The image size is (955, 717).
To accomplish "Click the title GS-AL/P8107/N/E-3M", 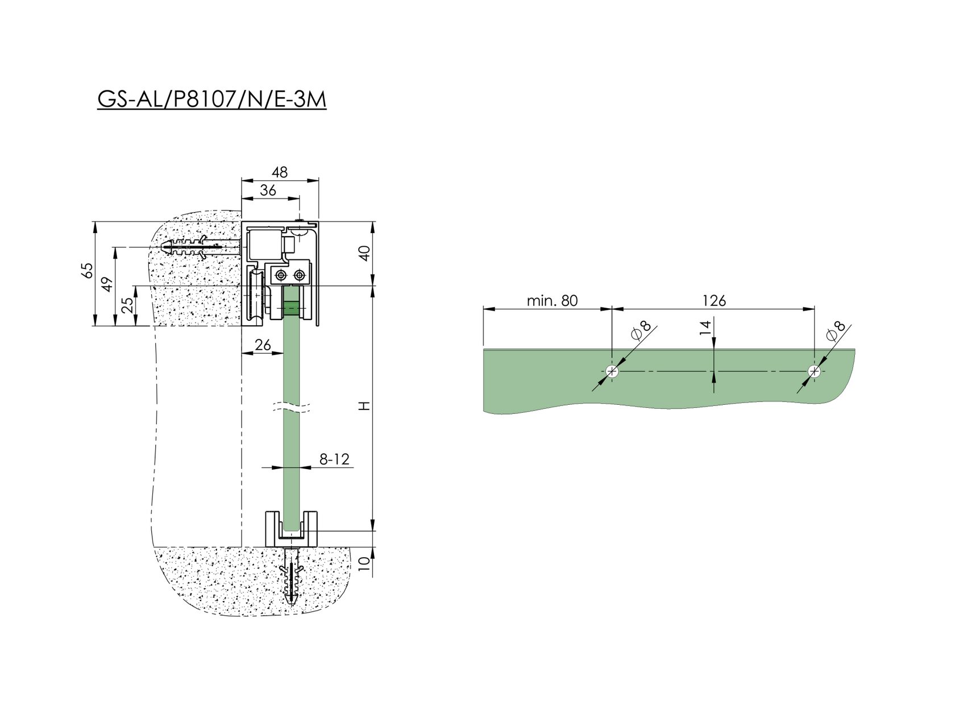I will click(211, 99).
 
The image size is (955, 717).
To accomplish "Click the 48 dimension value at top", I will click(280, 172).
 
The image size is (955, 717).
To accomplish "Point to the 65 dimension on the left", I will click(87, 270).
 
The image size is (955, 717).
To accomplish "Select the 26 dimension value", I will click(262, 345).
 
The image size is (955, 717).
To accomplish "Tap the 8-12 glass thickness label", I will click(334, 459).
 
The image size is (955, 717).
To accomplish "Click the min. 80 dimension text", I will click(551, 301).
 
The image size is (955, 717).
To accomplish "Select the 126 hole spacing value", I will click(714, 301).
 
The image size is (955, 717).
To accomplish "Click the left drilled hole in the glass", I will click(612, 372).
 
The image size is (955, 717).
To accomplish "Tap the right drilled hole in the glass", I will click(815, 372).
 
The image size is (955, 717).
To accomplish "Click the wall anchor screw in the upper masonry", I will click(199, 248).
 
